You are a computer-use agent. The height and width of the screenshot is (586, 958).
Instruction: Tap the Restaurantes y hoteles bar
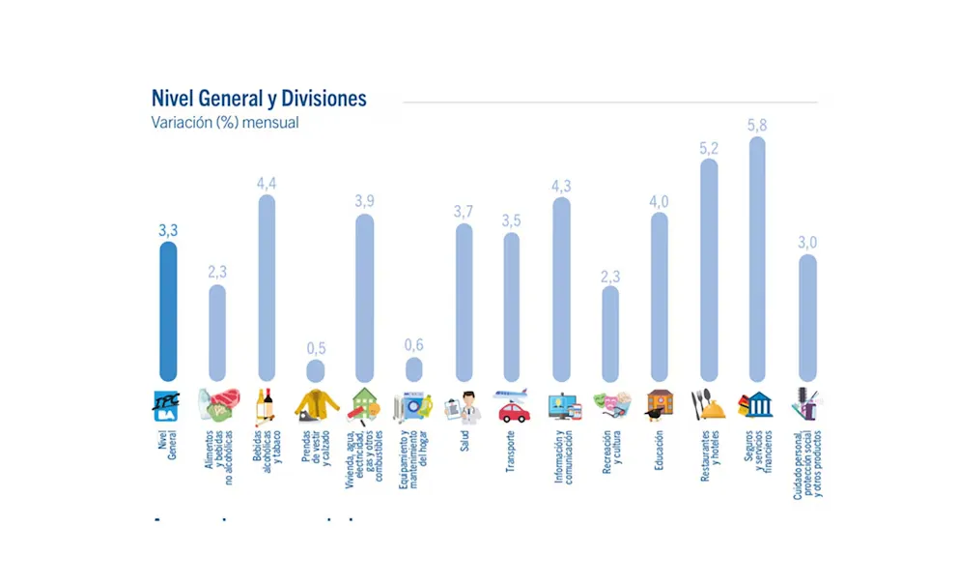708,270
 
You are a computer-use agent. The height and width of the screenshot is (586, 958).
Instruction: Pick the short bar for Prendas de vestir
316,370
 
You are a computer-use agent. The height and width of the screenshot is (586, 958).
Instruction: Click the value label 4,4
267,183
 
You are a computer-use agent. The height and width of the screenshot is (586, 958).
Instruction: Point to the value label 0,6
413,345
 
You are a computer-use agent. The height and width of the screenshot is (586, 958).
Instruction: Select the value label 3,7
464,212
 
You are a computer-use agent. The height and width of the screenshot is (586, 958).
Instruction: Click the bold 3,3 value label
168,229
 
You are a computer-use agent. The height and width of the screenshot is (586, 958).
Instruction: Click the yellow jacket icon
315,405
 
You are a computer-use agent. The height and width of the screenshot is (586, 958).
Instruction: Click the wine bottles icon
265,405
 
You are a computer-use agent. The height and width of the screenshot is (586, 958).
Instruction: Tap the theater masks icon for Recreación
610,405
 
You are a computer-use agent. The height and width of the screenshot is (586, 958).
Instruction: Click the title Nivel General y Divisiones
259,99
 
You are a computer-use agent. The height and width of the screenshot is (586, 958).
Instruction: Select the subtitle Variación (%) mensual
225,123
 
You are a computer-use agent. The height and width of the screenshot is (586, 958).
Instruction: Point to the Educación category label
659,450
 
